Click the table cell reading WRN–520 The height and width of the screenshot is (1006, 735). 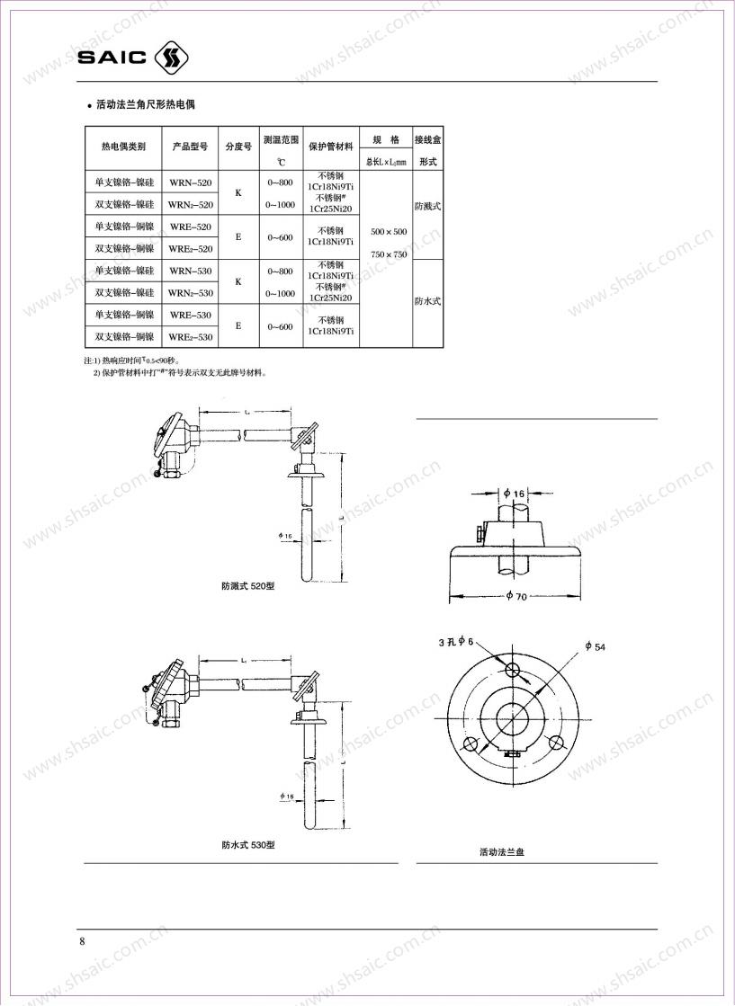191,183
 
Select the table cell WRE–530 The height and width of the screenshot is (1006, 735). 191,315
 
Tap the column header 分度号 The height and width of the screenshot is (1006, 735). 238,146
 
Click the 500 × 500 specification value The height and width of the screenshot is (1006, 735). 389,232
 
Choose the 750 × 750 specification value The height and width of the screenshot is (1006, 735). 389,254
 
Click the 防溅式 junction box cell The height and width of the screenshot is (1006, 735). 427,206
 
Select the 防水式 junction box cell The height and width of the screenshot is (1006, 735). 427,301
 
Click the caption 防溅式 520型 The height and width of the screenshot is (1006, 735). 248,585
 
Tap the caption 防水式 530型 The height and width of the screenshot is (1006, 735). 248,845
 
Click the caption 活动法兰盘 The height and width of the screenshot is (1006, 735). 502,851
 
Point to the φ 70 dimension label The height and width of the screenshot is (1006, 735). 515,596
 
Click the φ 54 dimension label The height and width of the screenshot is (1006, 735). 595,646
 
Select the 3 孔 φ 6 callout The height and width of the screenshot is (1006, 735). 455,641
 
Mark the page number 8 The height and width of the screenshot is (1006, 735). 83,941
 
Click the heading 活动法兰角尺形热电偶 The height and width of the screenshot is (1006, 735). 146,105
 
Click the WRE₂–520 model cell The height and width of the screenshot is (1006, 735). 191,248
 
